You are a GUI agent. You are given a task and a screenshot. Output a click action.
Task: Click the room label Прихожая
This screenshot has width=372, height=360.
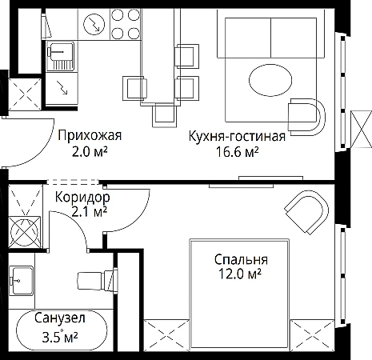90,135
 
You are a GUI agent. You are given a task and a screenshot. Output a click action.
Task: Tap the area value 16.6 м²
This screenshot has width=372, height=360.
237,152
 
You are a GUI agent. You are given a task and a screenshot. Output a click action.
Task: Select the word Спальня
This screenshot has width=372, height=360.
241,259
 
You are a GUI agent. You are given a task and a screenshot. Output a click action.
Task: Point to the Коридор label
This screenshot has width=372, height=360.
82,198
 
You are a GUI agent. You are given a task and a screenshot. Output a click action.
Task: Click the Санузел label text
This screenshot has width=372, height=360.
60,318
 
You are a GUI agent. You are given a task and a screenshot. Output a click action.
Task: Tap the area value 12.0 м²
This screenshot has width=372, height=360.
239,274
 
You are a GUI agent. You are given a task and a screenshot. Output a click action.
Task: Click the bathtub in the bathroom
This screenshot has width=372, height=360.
62,330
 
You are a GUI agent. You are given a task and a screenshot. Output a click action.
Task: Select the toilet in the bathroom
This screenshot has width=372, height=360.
98,281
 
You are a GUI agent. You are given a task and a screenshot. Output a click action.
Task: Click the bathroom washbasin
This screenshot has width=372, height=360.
22,281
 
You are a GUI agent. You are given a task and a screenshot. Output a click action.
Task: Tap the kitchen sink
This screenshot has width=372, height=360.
60,56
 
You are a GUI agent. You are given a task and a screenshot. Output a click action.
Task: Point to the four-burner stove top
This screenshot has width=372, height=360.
126,24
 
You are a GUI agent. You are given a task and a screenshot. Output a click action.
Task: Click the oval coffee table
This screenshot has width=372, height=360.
270,80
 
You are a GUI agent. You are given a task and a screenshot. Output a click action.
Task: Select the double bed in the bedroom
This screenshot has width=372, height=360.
239,294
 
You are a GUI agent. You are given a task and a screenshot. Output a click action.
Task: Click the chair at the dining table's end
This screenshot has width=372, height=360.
164,115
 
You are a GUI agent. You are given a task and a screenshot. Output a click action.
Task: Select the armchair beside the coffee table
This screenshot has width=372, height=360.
306,117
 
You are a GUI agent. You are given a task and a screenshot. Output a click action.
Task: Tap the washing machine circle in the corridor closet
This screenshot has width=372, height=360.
25,232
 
